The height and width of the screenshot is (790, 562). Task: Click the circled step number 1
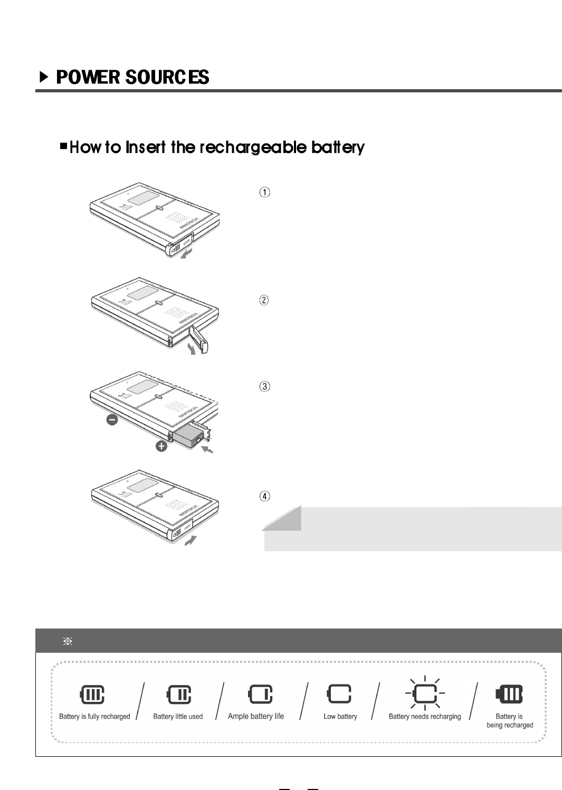[x=264, y=192]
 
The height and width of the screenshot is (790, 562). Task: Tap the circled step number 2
[x=264, y=300]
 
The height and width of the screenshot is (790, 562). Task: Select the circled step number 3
[x=264, y=386]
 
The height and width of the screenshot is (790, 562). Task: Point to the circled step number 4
[x=264, y=496]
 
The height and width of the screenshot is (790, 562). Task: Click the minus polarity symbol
[x=112, y=420]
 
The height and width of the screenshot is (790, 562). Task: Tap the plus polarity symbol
[x=161, y=446]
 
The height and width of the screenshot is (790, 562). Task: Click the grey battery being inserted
[x=187, y=437]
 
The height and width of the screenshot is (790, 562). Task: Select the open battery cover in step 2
[x=199, y=339]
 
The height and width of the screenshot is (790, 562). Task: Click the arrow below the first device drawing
[x=186, y=255]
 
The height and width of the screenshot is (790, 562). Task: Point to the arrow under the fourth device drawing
[x=190, y=540]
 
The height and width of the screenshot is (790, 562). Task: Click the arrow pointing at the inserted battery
[x=207, y=449]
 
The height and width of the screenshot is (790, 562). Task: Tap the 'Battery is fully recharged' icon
[x=92, y=694]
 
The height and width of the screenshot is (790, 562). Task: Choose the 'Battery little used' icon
[x=178, y=694]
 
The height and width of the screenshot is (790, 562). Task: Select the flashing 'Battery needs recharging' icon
[x=425, y=693]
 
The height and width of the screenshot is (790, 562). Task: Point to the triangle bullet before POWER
[x=44, y=78]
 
